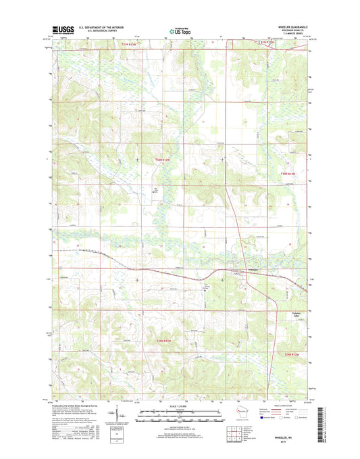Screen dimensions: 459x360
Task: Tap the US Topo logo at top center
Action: coord(179,30)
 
